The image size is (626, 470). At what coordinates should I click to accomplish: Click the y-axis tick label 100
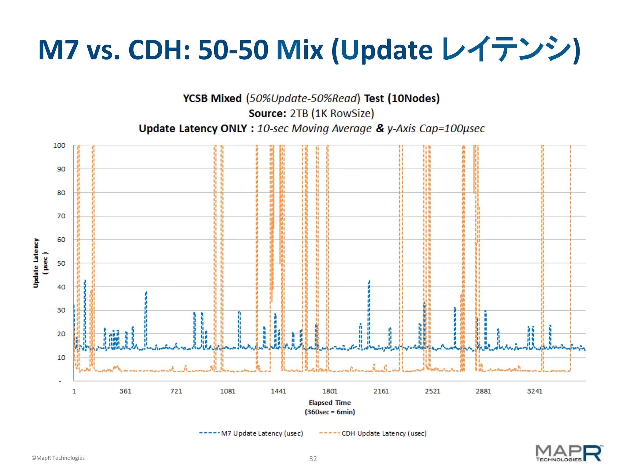click(x=59, y=145)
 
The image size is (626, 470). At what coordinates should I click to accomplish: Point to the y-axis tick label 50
click(x=61, y=263)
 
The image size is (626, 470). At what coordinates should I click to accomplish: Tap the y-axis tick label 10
click(x=61, y=357)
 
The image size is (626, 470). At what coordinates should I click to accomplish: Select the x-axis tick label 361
click(x=125, y=391)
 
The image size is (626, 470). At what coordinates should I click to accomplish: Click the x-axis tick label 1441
click(x=278, y=391)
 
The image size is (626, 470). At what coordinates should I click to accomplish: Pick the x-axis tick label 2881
click(x=483, y=391)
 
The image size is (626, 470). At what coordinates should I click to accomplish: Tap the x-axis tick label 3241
click(x=535, y=391)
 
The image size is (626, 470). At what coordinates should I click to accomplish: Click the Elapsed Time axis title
click(x=330, y=403)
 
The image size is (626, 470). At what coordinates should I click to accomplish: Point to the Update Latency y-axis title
click(x=36, y=263)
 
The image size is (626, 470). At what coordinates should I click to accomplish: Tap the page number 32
click(x=313, y=459)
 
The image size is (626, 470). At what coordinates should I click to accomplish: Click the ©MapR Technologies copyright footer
click(x=58, y=458)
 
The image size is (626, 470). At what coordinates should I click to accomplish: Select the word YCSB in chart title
click(x=196, y=99)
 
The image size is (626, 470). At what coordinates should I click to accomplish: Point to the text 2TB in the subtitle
click(x=299, y=114)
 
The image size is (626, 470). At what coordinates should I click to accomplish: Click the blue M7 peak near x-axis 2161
click(x=369, y=282)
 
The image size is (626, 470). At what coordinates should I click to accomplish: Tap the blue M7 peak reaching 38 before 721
click(x=146, y=293)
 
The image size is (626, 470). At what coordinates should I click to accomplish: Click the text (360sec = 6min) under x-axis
click(x=330, y=412)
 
